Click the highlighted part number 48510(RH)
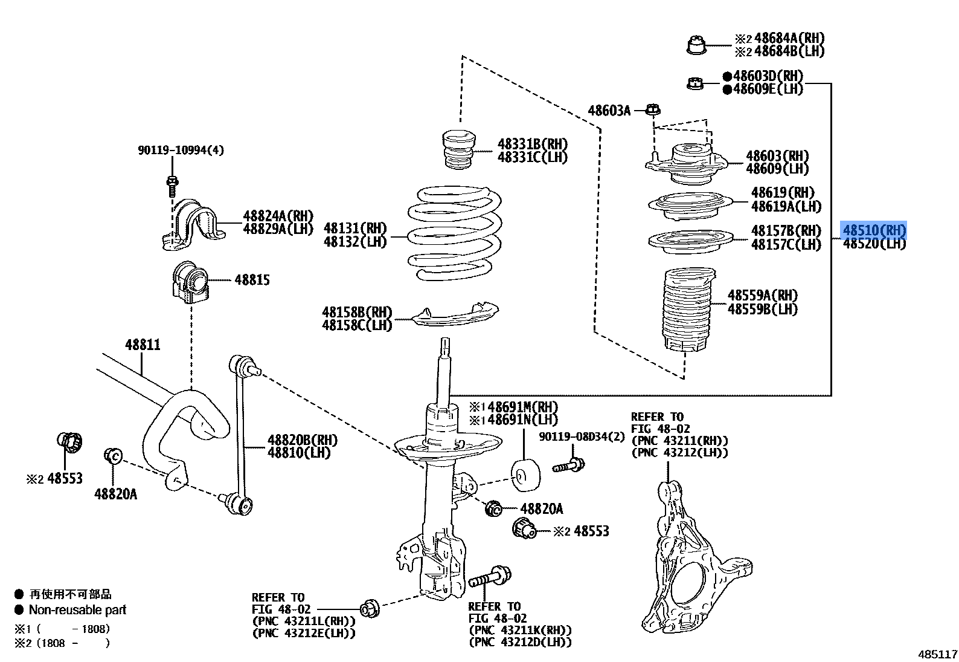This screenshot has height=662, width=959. (874, 230)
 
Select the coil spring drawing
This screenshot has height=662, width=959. (455, 233)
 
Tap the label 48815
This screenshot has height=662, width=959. (252, 280)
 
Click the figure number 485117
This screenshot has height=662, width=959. (937, 654)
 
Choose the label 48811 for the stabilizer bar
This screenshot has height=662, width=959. (143, 345)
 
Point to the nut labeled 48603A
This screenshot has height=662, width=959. (652, 109)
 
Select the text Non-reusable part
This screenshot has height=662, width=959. (77, 610)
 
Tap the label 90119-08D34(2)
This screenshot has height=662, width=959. (582, 436)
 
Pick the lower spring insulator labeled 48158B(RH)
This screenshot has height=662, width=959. (456, 316)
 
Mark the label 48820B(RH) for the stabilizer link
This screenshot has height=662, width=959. (302, 440)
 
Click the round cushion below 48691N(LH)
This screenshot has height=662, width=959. (524, 474)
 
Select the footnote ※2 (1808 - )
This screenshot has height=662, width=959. (63, 643)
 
